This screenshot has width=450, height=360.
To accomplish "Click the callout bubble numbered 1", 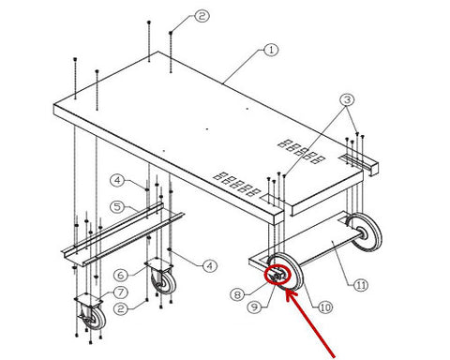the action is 271,50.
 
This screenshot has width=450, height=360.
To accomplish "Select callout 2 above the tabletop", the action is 202,16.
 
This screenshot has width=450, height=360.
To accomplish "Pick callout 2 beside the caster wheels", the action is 121,309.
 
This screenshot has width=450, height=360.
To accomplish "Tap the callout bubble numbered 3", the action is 347,100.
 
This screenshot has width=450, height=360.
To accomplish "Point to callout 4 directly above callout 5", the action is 117,180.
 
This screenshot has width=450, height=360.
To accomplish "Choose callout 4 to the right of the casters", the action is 210,266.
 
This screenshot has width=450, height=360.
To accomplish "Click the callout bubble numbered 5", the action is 117,207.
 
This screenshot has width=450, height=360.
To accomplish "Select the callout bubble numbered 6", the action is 121,276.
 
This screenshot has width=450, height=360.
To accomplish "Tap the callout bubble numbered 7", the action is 121,292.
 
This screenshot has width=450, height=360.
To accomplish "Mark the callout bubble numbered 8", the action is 237,294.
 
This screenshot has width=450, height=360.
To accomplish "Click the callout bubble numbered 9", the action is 255,307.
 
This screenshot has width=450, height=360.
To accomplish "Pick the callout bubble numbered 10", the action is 325,307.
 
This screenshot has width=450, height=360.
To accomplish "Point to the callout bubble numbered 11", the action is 361,285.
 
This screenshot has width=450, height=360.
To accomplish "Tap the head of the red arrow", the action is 288,292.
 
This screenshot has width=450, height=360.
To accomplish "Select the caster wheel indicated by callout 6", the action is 163,282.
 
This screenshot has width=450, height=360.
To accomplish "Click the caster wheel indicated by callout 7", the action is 93,318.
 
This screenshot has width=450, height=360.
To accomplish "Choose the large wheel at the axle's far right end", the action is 365,232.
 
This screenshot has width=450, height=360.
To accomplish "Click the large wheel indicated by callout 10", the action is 286,271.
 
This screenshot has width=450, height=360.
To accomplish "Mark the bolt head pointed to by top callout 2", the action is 171,33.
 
